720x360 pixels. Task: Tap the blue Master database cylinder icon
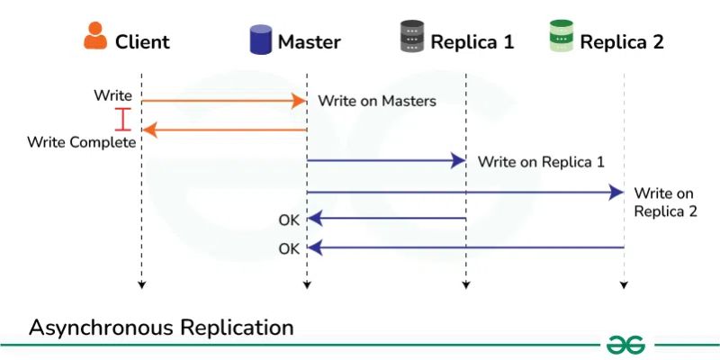coord(260,40)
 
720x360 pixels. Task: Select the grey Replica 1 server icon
coord(411,39)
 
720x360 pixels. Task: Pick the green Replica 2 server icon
coord(561,38)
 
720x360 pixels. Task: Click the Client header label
coord(142,41)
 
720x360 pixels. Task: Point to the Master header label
coord(309,41)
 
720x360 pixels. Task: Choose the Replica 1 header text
coord(472,41)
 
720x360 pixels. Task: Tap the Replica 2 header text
coord(622,41)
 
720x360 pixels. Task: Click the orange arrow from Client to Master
coord(224,101)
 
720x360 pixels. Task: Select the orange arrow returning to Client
coord(224,130)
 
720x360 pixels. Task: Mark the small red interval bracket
coord(123,118)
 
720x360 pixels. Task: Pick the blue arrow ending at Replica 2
coord(464,192)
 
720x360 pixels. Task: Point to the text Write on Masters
coord(376,101)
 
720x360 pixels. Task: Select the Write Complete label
coord(81,142)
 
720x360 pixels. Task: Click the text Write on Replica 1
coord(540,162)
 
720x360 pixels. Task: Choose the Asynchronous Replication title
coord(161,328)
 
